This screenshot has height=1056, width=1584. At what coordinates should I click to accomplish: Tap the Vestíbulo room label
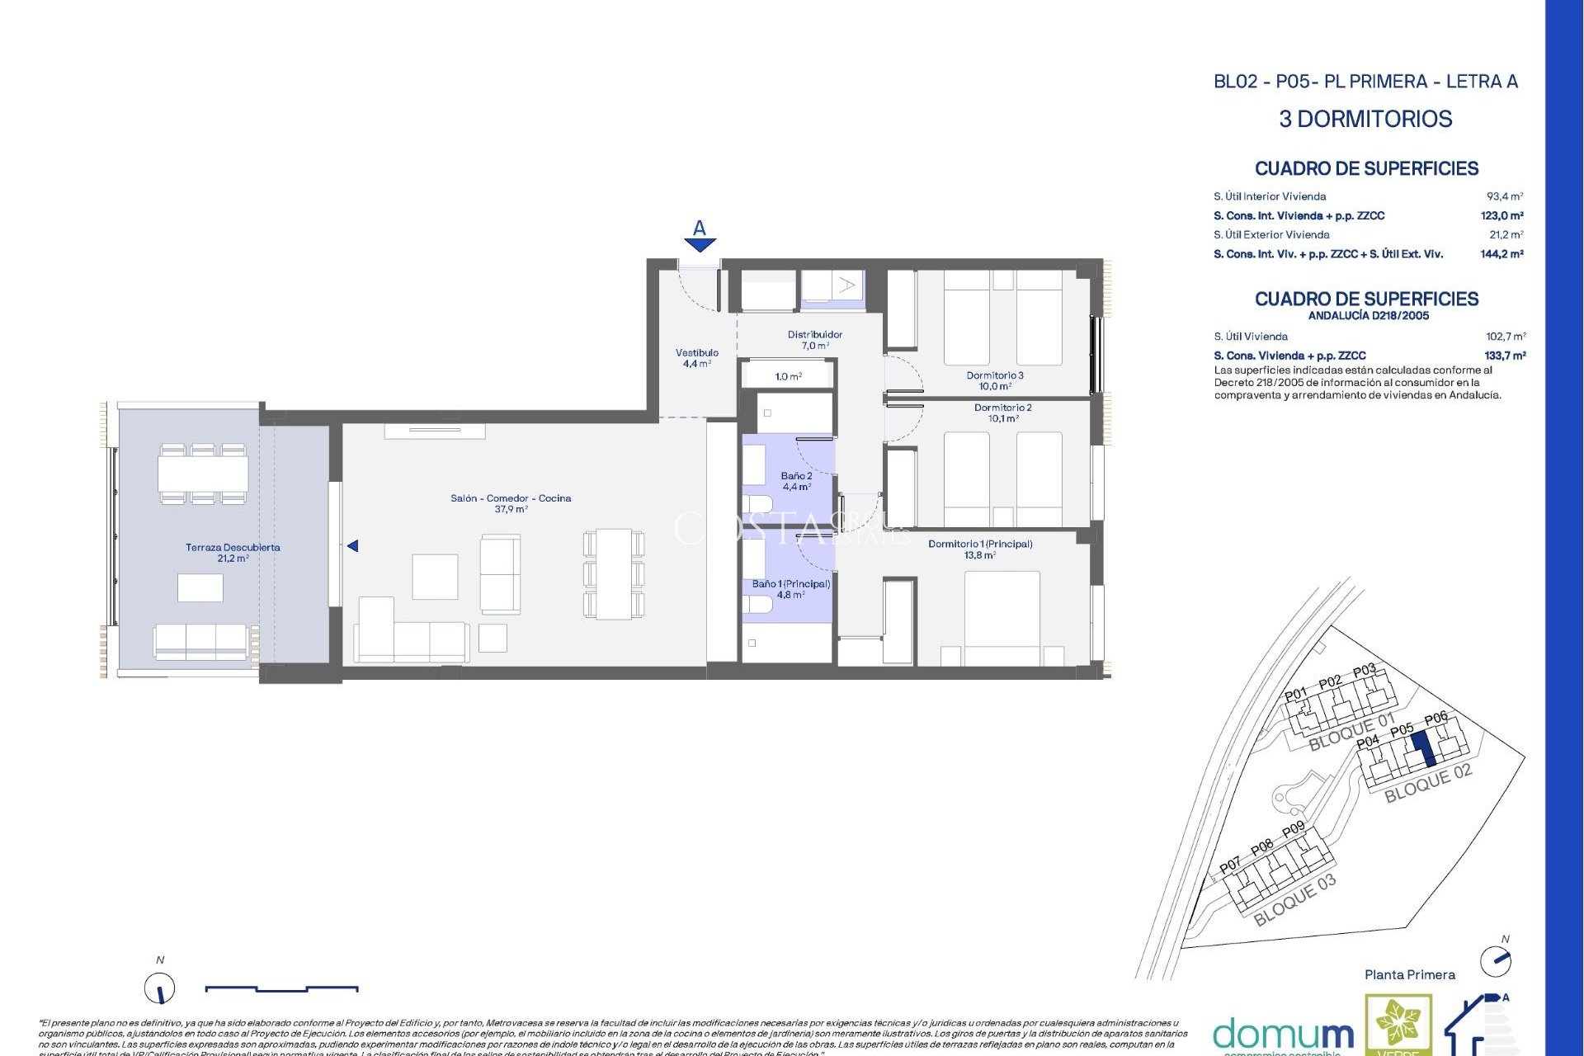[697, 358]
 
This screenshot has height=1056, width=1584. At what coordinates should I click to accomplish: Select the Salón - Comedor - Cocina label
[511, 503]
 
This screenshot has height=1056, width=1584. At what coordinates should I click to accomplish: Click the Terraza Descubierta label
[233, 553]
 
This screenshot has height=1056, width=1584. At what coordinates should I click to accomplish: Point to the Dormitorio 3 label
[995, 380]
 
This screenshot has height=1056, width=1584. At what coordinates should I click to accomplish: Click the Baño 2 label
[796, 481]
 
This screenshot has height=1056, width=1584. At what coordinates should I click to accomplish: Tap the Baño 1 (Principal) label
[790, 588]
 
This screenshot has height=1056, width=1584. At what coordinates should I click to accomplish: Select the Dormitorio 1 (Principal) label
[980, 549]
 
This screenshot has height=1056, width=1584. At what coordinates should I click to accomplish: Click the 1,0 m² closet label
[788, 376]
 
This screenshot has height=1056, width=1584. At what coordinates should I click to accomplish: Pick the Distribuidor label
[814, 339]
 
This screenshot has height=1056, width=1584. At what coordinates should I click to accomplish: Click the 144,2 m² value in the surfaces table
[1501, 254]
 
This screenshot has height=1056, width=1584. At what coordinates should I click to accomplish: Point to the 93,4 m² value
[1505, 196]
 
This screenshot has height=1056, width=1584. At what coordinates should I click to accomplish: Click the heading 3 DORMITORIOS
[1365, 119]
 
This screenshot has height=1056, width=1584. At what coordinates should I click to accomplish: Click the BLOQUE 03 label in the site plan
[1294, 900]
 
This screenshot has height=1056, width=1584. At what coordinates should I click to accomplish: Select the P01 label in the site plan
[1295, 694]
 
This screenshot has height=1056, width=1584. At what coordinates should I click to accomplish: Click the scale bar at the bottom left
[281, 988]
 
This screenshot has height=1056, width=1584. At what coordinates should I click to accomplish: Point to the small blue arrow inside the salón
[352, 546]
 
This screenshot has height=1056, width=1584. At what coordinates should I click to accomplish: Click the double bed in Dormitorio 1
[1002, 615]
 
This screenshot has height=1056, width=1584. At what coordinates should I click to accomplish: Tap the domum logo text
[1283, 1035]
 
